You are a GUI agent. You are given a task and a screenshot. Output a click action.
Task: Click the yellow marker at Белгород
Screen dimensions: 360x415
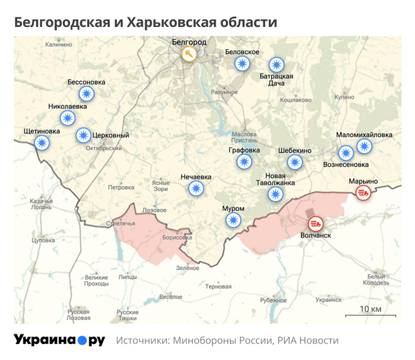click(x=189, y=54)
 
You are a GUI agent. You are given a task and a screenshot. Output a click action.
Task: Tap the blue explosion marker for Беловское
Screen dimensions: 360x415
click(x=242, y=64)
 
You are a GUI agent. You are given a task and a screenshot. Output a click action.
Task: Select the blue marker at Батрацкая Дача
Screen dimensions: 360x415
click(x=277, y=64)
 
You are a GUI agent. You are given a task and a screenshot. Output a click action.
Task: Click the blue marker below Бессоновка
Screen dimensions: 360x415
click(x=86, y=93)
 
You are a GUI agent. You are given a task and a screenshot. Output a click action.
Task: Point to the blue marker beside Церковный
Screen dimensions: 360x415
click(x=83, y=135)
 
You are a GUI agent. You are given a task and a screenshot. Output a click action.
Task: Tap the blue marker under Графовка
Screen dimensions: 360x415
click(x=243, y=162)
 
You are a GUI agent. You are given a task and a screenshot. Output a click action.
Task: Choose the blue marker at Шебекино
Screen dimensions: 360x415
click(x=295, y=162)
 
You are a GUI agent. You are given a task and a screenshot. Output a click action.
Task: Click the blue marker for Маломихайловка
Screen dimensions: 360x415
click(x=364, y=146)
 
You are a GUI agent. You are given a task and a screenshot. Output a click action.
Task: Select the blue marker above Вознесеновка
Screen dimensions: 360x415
click(x=345, y=153)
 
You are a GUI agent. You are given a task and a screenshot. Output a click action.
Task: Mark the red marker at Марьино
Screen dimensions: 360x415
click(x=362, y=194)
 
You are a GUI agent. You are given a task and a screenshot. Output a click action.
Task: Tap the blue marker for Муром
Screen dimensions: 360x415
click(x=233, y=220)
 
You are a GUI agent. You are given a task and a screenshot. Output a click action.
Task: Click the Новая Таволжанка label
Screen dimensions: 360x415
click(x=279, y=179)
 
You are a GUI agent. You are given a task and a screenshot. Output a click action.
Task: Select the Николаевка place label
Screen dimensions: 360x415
click(x=68, y=107)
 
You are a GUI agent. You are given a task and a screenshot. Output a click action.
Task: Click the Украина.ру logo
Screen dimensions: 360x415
click(x=59, y=340)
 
